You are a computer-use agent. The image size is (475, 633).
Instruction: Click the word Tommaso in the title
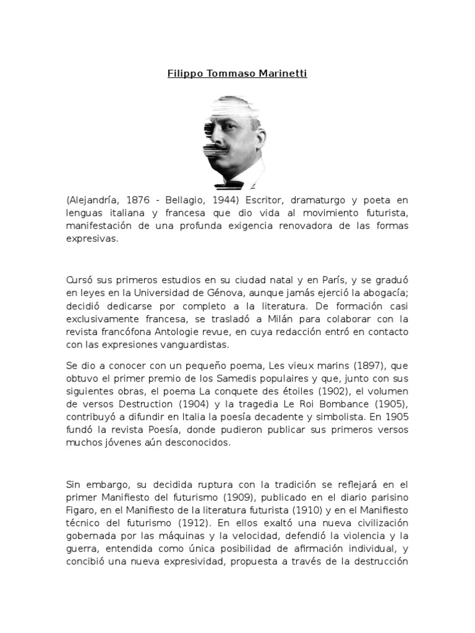226,74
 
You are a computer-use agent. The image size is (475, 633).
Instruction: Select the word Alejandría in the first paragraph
94,201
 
